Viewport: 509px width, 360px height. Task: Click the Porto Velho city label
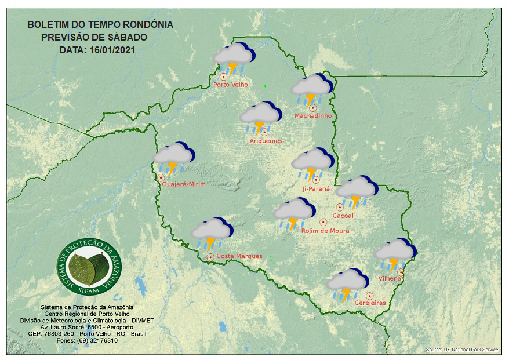point(231,85)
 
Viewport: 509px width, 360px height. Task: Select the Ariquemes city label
point(266,141)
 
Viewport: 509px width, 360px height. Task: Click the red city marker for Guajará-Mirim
point(161,177)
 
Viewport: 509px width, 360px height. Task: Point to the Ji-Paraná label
point(316,189)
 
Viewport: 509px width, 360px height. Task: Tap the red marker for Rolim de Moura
point(323,222)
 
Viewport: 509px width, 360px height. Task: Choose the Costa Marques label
point(239,256)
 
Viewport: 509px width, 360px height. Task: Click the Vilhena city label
point(390,279)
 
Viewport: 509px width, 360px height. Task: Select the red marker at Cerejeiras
point(369,296)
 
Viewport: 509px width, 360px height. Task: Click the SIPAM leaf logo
point(90,266)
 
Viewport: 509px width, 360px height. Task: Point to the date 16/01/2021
point(112,50)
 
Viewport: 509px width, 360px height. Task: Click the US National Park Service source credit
point(461,350)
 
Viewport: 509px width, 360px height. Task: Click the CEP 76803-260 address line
point(87,334)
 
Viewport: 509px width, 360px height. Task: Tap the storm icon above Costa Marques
point(212,233)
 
